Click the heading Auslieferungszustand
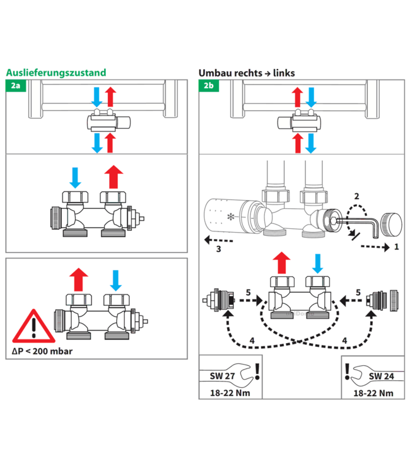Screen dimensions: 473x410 click(x=56, y=73)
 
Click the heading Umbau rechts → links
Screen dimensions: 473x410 click(x=247, y=73)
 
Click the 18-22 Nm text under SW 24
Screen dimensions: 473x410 click(x=373, y=393)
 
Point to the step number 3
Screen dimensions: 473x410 click(x=218, y=249)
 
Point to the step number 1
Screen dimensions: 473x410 click(x=395, y=247)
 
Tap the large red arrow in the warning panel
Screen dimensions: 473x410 click(x=79, y=277)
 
